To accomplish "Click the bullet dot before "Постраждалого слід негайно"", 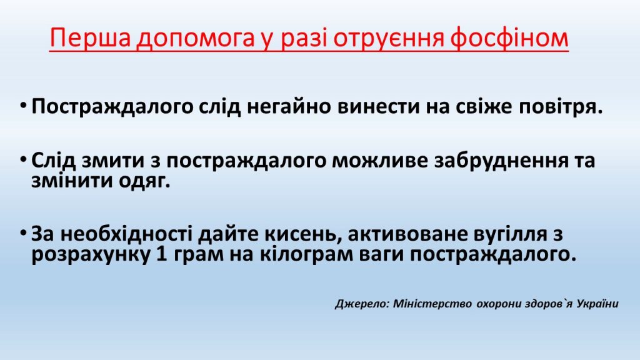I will click(23, 106).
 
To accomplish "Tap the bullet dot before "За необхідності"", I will click(23, 234).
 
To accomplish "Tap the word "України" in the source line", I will click(597, 304).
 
